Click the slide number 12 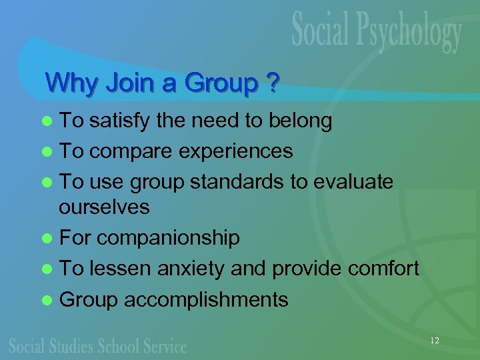tap(435, 341)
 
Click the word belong tap(300, 121)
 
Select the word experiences tap(237, 151)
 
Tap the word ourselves tap(104, 207)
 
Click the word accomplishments tap(206, 299)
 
